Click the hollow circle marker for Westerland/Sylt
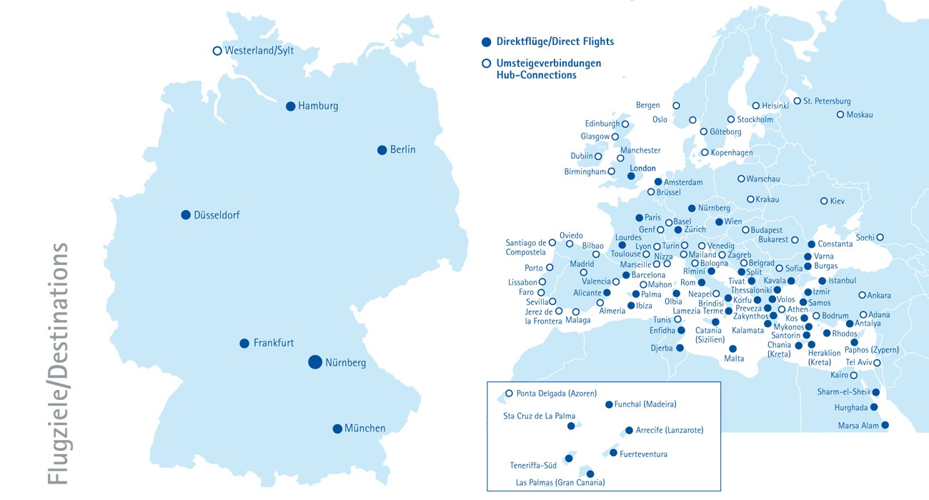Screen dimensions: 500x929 click(x=217, y=51)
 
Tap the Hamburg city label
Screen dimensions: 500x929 click(x=318, y=106)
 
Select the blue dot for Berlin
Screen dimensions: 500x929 click(x=382, y=150)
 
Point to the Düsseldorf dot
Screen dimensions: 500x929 click(x=186, y=215)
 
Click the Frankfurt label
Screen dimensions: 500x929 click(x=274, y=344)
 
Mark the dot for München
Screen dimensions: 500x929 click(x=337, y=429)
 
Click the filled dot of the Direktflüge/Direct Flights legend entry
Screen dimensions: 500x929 click(x=487, y=41)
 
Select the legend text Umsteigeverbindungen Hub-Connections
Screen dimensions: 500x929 click(x=549, y=69)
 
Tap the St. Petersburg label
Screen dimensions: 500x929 click(x=827, y=101)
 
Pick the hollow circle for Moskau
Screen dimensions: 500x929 click(x=840, y=114)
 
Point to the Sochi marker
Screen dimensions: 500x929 click(x=880, y=237)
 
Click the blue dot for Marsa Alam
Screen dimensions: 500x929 click(x=885, y=425)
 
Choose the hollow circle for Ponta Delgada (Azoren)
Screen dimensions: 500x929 click(x=510, y=393)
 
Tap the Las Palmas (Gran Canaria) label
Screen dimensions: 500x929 click(x=560, y=483)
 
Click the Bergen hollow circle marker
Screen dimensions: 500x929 click(x=676, y=106)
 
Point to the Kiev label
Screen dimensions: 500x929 click(x=838, y=201)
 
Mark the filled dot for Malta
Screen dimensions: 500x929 click(x=732, y=349)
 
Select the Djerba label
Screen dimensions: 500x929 click(x=661, y=349)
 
